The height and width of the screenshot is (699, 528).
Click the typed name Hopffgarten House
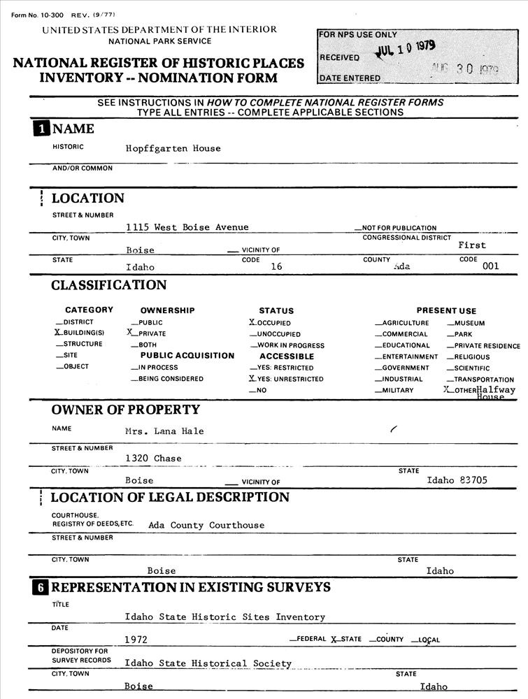(173, 148)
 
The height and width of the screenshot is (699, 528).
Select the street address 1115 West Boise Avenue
(187, 227)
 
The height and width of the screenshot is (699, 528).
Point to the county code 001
(491, 266)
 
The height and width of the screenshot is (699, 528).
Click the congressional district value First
(472, 245)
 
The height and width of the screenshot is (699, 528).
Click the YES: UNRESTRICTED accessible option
(287, 379)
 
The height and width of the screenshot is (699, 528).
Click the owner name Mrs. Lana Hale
(164, 431)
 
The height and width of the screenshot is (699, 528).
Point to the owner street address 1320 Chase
(153, 459)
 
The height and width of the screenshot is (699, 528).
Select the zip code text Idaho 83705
(457, 480)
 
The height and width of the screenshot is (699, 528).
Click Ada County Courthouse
(206, 525)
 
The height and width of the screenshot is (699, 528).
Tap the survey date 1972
(136, 640)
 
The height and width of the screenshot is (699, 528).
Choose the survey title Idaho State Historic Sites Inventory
(224, 617)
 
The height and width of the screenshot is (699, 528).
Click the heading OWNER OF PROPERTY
(125, 410)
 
